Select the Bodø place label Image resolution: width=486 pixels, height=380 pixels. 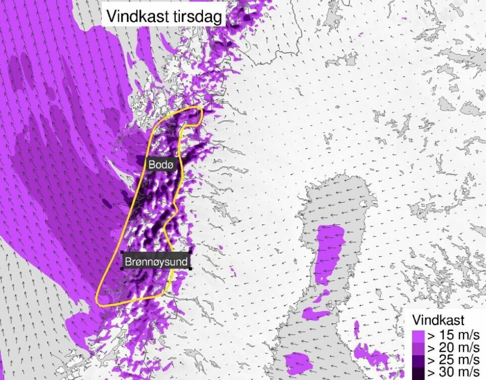(160, 164)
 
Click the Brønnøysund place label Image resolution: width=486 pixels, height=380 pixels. (156, 261)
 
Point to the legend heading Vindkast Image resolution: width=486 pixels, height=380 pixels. (438, 320)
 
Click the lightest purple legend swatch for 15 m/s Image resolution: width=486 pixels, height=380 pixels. (418, 336)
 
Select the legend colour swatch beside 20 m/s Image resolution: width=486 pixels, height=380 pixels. (418, 348)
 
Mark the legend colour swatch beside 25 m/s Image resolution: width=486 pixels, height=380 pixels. (418, 360)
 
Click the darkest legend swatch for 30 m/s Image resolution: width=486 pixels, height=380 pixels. (418, 373)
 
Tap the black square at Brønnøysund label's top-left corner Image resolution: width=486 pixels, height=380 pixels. (123, 252)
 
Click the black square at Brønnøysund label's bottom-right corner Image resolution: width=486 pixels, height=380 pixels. (190, 268)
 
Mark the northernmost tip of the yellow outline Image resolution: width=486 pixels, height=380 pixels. (199, 108)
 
